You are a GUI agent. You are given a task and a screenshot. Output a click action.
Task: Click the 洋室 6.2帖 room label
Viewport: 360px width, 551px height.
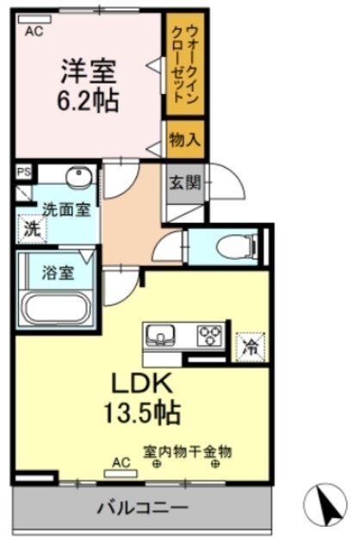click(88, 86)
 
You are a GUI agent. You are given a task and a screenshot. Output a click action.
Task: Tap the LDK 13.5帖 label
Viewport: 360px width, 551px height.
click(142, 398)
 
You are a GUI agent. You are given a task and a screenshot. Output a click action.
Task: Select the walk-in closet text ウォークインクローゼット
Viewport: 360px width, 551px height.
click(184, 65)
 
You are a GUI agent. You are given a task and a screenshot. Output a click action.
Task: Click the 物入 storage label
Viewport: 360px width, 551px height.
click(185, 140)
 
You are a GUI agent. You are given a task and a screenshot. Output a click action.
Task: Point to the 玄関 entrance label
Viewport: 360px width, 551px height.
click(185, 183)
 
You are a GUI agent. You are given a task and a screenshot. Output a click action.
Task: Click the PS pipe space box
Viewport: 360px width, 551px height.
click(24, 172)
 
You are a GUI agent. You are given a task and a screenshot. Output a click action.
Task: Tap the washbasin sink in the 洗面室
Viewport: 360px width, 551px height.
click(79, 176)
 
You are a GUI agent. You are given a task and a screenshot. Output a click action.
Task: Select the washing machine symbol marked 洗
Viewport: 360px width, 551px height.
click(33, 230)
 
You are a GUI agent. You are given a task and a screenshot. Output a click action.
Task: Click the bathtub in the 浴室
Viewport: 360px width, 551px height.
click(57, 309)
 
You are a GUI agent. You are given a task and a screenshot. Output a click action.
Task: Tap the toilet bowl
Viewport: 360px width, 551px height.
click(236, 247)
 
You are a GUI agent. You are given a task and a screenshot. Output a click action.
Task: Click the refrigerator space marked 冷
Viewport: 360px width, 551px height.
click(251, 346)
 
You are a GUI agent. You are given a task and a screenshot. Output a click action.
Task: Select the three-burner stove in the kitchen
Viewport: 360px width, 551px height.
click(211, 336)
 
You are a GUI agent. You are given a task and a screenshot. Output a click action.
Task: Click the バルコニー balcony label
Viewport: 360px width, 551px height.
click(143, 507)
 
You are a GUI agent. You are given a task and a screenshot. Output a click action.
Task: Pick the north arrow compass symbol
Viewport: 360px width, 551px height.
click(326, 505)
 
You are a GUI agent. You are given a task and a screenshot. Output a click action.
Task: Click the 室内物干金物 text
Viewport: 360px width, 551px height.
click(187, 451)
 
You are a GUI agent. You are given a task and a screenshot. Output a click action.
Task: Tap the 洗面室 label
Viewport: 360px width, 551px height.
click(67, 210)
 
